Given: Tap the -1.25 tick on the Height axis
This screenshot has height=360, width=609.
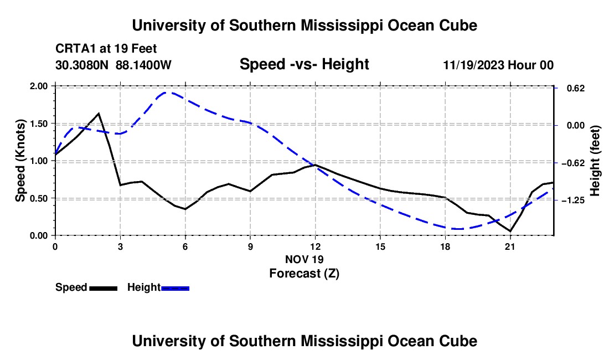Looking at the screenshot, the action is pos(573,200).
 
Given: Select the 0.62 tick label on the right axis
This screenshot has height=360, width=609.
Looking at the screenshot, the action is pos(576,89).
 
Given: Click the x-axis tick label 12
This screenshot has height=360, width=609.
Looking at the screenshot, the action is pos(316,246).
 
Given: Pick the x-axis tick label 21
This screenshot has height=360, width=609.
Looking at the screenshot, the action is pos(510,246).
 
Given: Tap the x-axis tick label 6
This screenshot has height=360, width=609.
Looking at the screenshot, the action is pos(185,246).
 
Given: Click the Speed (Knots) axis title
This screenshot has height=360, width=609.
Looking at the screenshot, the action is pos(20,161).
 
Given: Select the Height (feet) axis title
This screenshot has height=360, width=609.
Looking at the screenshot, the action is pos(595,161).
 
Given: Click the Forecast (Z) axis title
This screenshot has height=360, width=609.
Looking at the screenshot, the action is pos(304,274).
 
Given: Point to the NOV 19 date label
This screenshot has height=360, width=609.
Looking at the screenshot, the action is pos(304,259).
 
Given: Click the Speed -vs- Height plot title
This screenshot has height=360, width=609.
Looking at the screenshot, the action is pos(304,64).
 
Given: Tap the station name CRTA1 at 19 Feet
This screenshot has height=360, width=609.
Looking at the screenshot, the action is pos(106,49).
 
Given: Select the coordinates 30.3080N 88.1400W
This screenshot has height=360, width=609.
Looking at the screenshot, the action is pos(113,65).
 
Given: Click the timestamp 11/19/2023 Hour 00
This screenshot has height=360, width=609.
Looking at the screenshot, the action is pos(498,65).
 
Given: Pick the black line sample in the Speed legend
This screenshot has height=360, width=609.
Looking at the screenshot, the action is pos(104,288).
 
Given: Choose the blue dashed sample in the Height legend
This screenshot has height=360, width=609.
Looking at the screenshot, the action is pos(175,288).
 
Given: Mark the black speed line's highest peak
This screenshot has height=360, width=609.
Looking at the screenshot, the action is pos(99,114).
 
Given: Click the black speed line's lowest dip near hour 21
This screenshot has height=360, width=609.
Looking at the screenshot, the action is pos(510,231).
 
